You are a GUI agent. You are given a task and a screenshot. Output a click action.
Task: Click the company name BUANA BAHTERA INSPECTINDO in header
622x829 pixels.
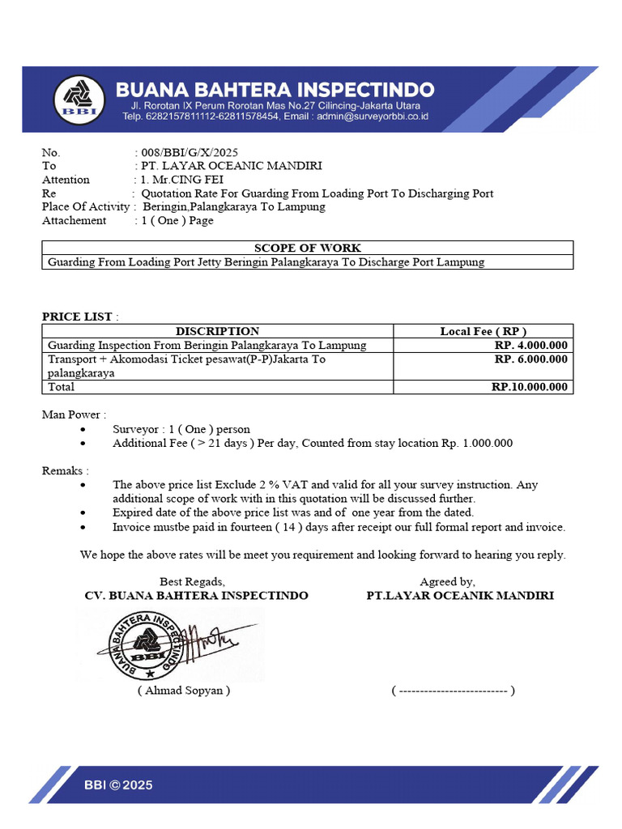(275, 89)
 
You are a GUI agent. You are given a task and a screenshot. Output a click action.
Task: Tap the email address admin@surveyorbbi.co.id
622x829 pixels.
(372, 117)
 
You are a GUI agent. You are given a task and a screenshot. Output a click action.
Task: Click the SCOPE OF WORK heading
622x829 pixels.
(308, 248)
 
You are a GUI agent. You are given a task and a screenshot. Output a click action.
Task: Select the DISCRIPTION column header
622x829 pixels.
(217, 331)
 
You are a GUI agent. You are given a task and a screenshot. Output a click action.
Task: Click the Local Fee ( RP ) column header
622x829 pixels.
(483, 331)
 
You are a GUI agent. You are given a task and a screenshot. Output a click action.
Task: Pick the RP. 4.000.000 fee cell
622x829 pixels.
(531, 345)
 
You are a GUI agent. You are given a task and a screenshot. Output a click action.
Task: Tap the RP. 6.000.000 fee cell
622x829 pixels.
(531, 359)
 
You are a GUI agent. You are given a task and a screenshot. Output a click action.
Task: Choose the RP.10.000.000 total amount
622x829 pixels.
(530, 387)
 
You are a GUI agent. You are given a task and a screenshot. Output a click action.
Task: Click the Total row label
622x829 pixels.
(62, 387)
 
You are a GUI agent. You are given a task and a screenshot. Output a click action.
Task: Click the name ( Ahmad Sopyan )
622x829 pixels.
(184, 691)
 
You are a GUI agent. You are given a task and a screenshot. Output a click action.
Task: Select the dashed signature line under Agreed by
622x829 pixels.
(453, 691)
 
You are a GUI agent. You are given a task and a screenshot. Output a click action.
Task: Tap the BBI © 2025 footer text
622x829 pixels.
(118, 784)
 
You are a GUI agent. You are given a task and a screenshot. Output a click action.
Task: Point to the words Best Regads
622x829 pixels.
(192, 581)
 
